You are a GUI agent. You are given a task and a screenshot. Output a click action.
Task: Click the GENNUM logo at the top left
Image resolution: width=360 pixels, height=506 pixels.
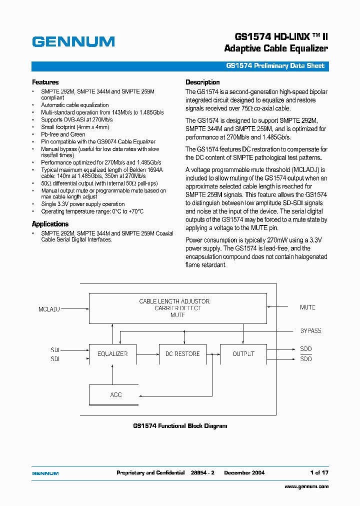[73, 42]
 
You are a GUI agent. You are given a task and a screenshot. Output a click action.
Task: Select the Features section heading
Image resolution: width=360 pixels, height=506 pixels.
[45, 82]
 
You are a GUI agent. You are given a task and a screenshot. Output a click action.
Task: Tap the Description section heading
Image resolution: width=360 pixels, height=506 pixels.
[202, 82]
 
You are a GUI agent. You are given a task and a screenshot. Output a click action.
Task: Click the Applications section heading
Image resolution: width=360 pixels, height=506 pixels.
[50, 224]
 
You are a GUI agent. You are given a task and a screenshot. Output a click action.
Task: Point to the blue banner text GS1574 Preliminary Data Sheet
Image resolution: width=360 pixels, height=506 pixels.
[275, 66]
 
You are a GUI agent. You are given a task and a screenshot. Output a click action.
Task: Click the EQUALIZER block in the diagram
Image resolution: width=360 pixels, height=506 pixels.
[112, 354]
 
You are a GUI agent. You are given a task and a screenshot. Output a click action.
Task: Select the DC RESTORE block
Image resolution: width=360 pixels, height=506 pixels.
[182, 354]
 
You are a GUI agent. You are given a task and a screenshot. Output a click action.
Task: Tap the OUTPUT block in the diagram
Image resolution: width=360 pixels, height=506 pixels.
[243, 354]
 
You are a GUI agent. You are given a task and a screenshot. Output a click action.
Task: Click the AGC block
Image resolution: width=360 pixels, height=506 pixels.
[116, 395]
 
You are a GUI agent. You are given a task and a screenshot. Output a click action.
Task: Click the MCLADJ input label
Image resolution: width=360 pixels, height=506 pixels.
[49, 309]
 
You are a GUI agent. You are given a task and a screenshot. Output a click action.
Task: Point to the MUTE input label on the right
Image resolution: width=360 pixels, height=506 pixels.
[307, 307]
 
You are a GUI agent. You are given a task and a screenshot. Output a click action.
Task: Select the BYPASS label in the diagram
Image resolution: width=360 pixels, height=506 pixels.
[310, 331]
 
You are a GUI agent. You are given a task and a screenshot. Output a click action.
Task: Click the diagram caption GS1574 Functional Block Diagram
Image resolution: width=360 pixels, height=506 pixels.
[180, 426]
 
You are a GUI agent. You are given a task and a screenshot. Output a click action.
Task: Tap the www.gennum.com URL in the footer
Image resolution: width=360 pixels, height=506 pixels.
[306, 486]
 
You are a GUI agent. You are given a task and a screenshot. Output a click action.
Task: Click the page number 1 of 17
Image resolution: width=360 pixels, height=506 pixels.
[319, 472]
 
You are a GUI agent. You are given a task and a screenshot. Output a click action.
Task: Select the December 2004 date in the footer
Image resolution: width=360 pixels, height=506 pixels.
[244, 472]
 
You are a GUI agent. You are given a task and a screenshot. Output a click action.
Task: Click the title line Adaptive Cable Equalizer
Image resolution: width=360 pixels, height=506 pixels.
[276, 48]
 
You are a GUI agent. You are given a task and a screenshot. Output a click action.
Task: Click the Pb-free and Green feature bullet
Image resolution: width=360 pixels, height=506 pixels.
[63, 134]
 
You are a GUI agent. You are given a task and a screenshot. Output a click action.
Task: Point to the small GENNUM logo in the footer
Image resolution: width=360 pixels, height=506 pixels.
[45, 473]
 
